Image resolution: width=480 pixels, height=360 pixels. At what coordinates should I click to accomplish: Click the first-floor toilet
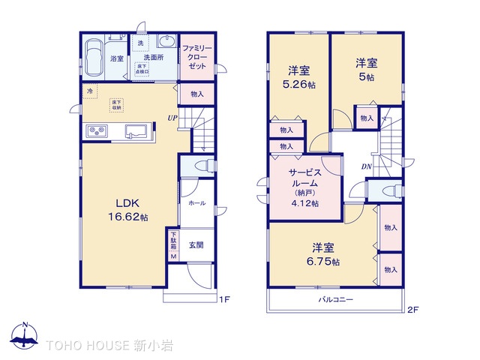200,166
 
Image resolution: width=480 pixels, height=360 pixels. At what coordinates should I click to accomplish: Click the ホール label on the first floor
196,203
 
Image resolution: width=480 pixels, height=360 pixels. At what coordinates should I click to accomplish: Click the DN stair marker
367,166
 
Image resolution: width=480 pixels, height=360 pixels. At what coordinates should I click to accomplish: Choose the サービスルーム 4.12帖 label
304,187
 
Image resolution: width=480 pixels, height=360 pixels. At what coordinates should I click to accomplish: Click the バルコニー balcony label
335,299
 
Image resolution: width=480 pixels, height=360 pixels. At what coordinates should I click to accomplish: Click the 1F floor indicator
223,301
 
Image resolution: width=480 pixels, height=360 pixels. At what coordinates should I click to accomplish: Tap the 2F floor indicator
411,308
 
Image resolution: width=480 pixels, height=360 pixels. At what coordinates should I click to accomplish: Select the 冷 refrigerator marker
90,91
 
